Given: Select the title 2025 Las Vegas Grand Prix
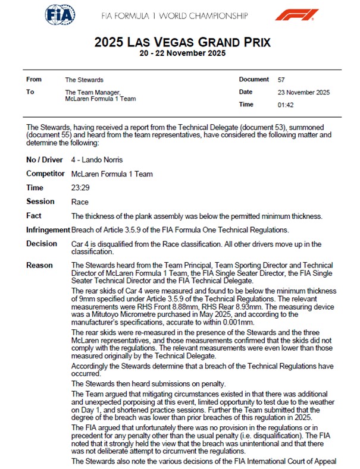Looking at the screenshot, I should coord(183,42).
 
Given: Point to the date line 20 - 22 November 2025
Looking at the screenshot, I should coord(183,53).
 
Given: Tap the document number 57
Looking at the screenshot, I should coord(281,79).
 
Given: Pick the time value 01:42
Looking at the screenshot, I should coord(286,105).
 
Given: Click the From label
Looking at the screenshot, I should coord(34,79).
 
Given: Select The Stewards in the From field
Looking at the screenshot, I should coord(84,79).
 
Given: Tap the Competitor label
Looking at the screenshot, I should coord(45,174).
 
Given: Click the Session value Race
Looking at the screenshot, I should coord(80,202).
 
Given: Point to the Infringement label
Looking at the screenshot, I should coord(48,229).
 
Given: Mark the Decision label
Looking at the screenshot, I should coord(42,243).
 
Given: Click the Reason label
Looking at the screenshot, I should coord(39,265).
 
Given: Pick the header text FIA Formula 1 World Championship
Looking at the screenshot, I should coord(183,15).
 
